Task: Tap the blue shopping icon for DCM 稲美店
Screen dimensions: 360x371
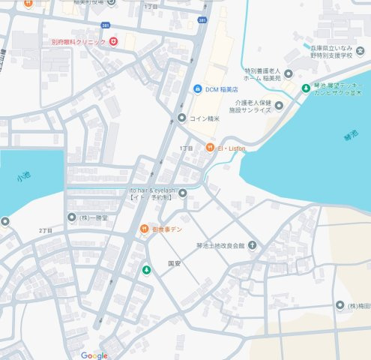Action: point(197,88)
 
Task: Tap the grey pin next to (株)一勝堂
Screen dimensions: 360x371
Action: point(73,217)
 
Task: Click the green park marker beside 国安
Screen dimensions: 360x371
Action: point(147,268)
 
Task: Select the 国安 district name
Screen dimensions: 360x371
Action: point(175,264)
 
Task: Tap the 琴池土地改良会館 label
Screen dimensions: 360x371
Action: point(221,245)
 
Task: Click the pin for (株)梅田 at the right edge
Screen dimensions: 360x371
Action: point(340,305)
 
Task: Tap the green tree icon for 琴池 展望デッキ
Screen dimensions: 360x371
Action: point(306,88)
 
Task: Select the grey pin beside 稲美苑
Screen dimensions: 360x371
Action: point(288,73)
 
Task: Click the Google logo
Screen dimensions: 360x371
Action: point(94,355)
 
